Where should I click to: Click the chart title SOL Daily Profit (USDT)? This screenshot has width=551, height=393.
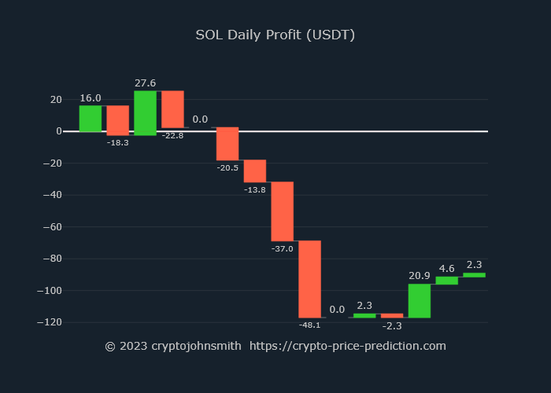(x=275, y=35)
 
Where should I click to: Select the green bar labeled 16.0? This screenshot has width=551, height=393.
(x=91, y=119)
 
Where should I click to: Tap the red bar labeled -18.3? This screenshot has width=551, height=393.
(x=118, y=120)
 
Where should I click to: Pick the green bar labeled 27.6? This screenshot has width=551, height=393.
(x=145, y=113)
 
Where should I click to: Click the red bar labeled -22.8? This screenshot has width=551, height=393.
(x=172, y=109)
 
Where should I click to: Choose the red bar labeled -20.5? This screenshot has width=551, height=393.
(x=227, y=144)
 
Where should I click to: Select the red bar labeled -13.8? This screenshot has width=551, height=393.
(x=255, y=171)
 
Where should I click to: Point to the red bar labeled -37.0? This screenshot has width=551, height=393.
(x=283, y=211)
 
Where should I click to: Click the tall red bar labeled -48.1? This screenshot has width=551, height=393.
(x=309, y=279)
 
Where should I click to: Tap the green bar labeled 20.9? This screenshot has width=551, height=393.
(x=419, y=301)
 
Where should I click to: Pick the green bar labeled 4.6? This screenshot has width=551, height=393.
(x=446, y=281)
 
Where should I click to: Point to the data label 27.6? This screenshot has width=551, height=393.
(x=145, y=83)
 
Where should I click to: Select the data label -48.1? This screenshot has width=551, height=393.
(x=309, y=325)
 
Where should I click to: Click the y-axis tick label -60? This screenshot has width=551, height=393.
(x=54, y=227)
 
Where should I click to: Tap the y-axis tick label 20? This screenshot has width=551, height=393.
(x=56, y=100)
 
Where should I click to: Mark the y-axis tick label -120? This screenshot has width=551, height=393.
(x=51, y=322)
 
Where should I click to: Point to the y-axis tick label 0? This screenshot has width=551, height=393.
(x=59, y=131)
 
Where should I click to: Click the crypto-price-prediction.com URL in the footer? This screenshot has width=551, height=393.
(x=348, y=346)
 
